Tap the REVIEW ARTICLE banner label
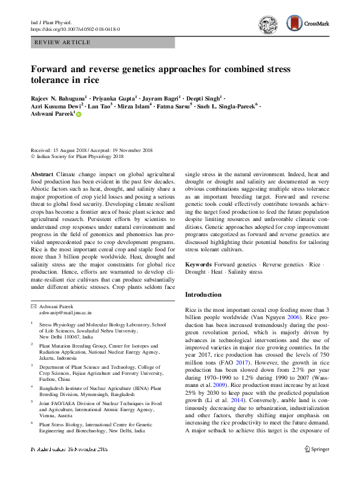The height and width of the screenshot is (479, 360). (x=64, y=42)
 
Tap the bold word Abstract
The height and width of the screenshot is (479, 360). (x=42, y=174)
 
